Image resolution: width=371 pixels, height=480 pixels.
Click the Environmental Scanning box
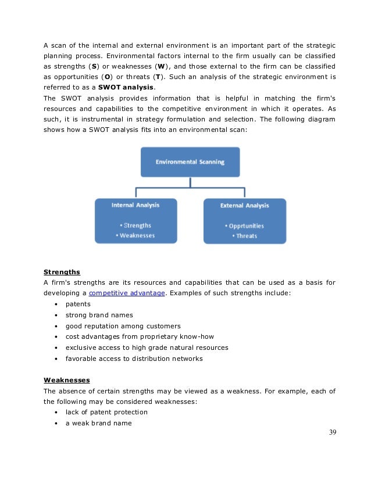click(190, 162)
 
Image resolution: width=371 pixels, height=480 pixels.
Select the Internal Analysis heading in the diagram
click(135, 205)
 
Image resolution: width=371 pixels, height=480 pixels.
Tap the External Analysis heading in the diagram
click(244, 205)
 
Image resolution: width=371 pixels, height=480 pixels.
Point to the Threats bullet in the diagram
click(245, 236)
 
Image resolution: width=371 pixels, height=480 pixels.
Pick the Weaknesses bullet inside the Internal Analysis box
click(135, 235)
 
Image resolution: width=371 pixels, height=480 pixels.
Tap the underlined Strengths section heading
click(62, 271)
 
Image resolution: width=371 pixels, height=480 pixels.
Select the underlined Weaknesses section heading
click(66, 380)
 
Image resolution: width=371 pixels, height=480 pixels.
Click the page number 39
click(332, 432)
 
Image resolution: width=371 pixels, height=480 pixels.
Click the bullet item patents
click(78, 304)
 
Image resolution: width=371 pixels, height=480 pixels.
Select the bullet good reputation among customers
click(123, 326)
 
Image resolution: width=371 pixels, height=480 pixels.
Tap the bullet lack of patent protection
click(106, 412)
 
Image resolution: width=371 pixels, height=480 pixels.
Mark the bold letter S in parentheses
click(94, 65)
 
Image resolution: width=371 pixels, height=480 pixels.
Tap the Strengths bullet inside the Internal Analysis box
click(137, 225)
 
